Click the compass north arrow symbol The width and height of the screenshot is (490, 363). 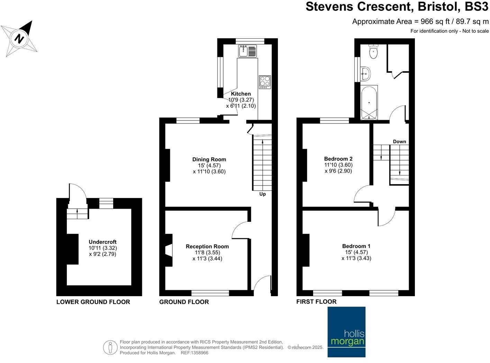click(19, 38)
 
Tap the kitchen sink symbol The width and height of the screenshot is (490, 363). click(247, 51)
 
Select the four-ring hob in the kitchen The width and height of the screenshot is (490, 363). click(265, 82)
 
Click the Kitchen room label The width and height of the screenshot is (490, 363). click(241, 94)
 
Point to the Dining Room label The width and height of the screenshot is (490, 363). click(209, 160)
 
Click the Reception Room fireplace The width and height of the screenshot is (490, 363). click(169, 250)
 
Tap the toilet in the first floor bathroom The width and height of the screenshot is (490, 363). click(373, 52)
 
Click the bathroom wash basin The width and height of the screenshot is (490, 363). click(365, 73)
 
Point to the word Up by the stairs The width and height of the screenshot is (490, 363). click(263, 194)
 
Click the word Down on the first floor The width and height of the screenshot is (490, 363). click(399, 142)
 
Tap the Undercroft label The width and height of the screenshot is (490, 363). click(102, 242)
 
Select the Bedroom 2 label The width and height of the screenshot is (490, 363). click(338, 159)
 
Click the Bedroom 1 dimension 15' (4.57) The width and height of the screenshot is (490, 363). click(356, 252)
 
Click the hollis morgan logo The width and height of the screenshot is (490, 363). click(346, 332)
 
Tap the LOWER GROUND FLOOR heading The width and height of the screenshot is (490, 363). click(93, 302)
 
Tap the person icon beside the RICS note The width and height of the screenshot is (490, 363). click(110, 347)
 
